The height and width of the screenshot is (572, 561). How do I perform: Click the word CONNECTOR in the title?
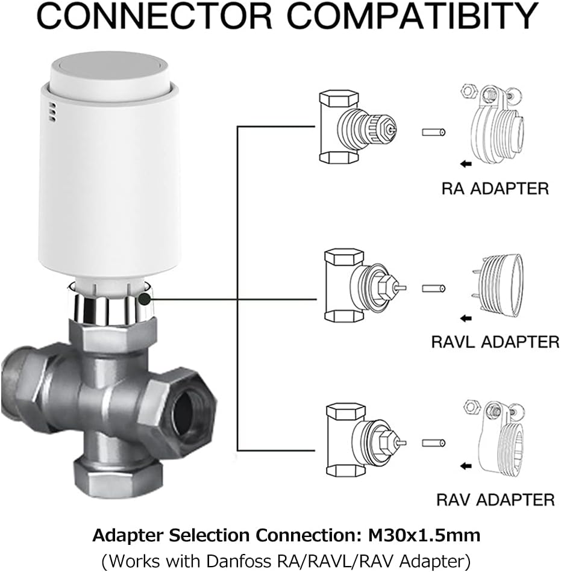(155, 16)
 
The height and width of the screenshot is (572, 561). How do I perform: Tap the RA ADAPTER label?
(495, 188)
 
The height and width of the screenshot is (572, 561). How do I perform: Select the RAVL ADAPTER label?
(495, 342)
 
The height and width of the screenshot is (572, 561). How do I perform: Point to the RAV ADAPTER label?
(495, 499)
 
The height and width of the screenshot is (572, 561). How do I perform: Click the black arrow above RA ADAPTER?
(466, 164)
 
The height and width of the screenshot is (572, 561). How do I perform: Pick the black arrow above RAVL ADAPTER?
(466, 319)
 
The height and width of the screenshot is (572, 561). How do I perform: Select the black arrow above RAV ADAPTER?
(466, 466)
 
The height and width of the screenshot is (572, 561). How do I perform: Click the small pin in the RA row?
(434, 132)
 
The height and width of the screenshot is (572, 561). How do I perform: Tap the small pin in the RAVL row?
(434, 288)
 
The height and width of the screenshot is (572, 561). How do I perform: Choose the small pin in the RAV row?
(434, 443)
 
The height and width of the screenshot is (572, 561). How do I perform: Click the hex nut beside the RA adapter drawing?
(468, 90)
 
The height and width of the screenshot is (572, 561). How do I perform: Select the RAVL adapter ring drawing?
(498, 287)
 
